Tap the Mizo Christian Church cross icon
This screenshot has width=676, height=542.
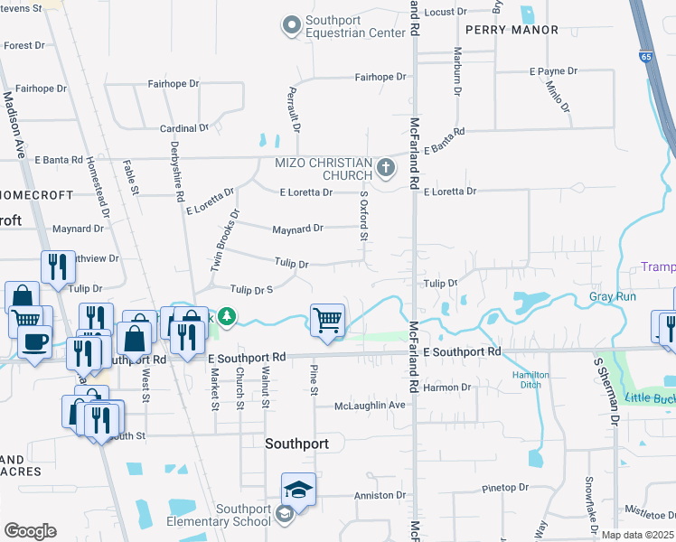pyautogui.click(x=386, y=167)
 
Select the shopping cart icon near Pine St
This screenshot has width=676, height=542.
pyautogui.click(x=327, y=320)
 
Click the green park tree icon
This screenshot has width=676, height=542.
pyautogui.click(x=230, y=316)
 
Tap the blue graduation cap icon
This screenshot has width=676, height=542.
pyautogui.click(x=298, y=490)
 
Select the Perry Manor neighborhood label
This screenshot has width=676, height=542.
pyautogui.click(x=502, y=30)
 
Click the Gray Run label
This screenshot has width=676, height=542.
pyautogui.click(x=613, y=296)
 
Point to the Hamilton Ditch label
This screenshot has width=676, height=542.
pyautogui.click(x=530, y=379)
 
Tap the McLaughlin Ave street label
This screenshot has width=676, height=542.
pyautogui.click(x=370, y=405)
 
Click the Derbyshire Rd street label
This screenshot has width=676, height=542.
pyautogui.click(x=177, y=171)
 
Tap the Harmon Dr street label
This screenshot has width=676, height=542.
pyautogui.click(x=446, y=388)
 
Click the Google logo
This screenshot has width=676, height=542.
pyautogui.click(x=30, y=531)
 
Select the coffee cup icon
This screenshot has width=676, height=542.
pyautogui.click(x=34, y=343)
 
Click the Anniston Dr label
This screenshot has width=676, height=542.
pyautogui.click(x=380, y=495)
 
